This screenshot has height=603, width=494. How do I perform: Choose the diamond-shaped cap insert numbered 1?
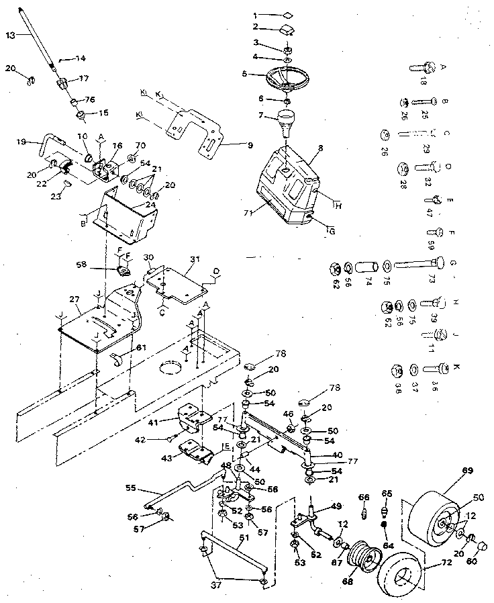287,13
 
